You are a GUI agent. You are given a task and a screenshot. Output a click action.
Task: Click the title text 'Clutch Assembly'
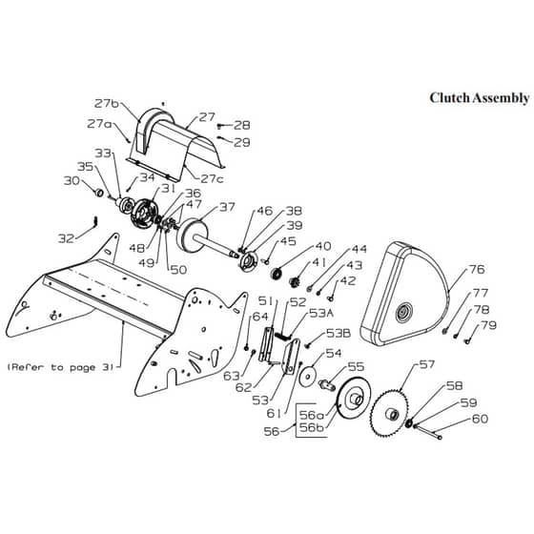pyautogui.click(x=479, y=98)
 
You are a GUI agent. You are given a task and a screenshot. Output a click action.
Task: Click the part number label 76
pyautogui.click(x=477, y=269)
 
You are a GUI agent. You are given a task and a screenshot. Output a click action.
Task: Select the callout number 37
pyautogui.click(x=227, y=207)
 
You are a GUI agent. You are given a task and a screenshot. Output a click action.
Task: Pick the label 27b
pyautogui.click(x=107, y=103)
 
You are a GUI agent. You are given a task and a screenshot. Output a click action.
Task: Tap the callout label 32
pyautogui.click(x=66, y=238)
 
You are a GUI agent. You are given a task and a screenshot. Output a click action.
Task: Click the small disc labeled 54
pyautogui.click(x=308, y=377)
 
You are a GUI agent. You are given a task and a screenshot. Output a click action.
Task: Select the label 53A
pyautogui.click(x=321, y=313)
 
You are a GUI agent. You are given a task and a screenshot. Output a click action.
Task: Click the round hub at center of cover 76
pyautogui.click(x=404, y=313)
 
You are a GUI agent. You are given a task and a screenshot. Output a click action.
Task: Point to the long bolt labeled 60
pyautogui.click(x=428, y=431)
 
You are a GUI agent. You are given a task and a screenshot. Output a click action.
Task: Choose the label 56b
pyautogui.click(x=311, y=427)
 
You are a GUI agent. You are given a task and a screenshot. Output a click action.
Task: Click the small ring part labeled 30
pyautogui.click(x=99, y=193)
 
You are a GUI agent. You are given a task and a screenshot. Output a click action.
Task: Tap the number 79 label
pyautogui.click(x=488, y=325)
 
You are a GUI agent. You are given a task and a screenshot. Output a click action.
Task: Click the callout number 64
pyautogui.click(x=260, y=317)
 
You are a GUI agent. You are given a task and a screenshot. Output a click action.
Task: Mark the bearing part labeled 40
pyautogui.click(x=277, y=273)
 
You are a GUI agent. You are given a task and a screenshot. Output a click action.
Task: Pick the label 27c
pyautogui.click(x=212, y=179)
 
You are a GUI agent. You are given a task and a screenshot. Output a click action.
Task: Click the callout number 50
pyautogui.click(x=179, y=270)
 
